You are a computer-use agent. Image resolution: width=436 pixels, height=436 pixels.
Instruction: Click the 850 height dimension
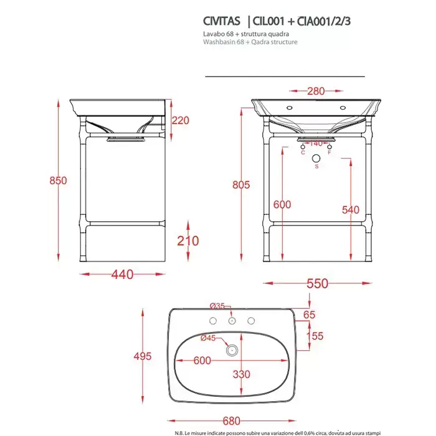pyautogui.click(x=58, y=181)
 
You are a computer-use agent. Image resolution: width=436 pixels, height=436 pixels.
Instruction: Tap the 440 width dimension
pyautogui.click(x=122, y=275)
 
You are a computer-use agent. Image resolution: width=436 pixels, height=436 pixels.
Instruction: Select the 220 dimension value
pyautogui.click(x=181, y=120)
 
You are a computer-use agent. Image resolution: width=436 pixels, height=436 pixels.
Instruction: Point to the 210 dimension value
pyautogui.click(x=188, y=241)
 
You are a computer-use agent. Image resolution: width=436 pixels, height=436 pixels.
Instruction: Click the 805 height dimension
pyautogui.click(x=241, y=185)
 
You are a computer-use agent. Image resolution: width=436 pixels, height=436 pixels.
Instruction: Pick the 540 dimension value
pyautogui.click(x=351, y=210)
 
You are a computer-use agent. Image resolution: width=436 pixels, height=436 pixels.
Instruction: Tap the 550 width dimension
pyautogui.click(x=318, y=283)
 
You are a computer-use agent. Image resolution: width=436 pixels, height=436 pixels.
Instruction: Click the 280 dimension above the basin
pyautogui.click(x=316, y=91)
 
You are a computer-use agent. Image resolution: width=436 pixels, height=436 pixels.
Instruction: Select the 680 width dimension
pyautogui.click(x=232, y=420)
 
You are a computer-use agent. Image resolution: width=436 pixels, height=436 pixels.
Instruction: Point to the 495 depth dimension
pyautogui.click(x=143, y=356)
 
